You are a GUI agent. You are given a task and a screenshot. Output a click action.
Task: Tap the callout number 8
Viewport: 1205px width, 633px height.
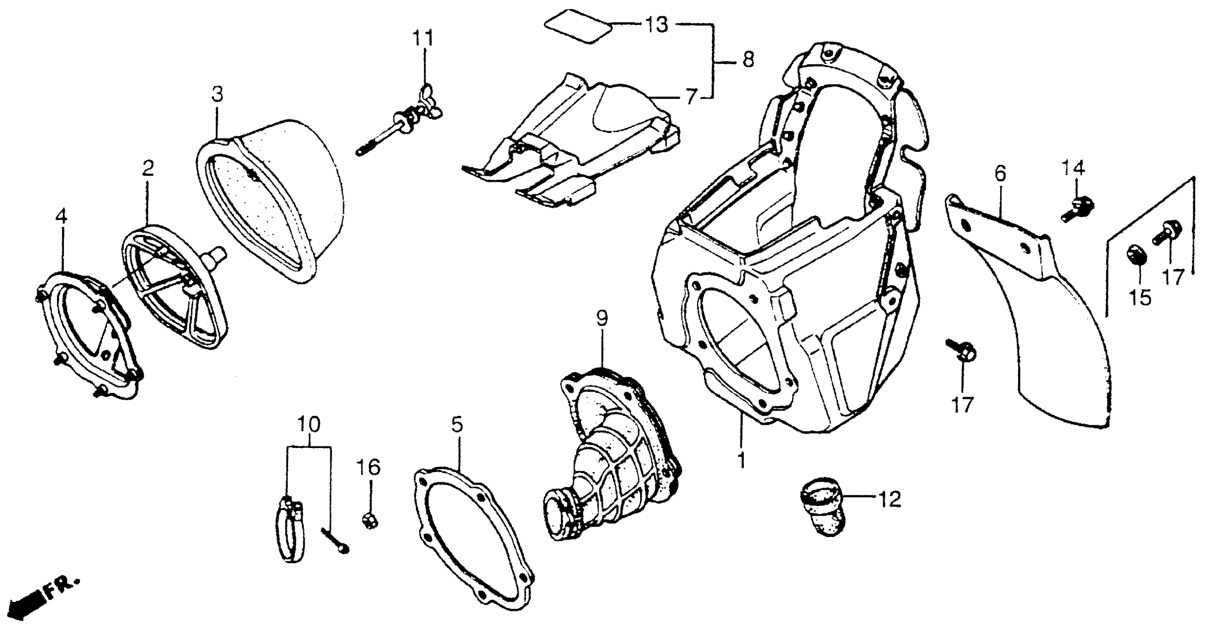[x=748, y=60]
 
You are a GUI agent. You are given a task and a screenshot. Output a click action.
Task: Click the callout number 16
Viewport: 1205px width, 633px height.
[x=369, y=468]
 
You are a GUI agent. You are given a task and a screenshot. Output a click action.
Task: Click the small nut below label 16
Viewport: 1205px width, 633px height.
[x=370, y=519]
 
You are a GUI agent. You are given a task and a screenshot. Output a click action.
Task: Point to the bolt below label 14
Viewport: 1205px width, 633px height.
[x=1077, y=209]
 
